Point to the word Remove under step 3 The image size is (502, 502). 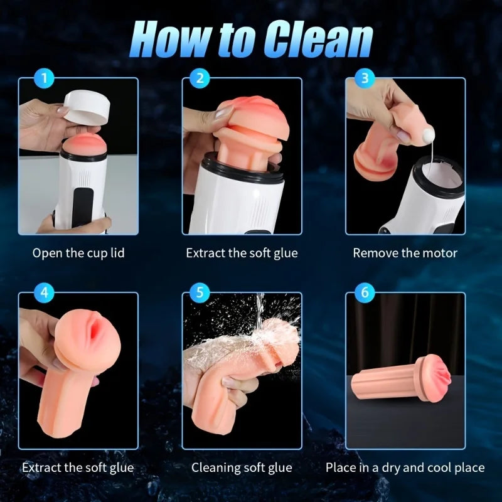373,254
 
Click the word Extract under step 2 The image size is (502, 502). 205,254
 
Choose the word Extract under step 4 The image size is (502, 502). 41,467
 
